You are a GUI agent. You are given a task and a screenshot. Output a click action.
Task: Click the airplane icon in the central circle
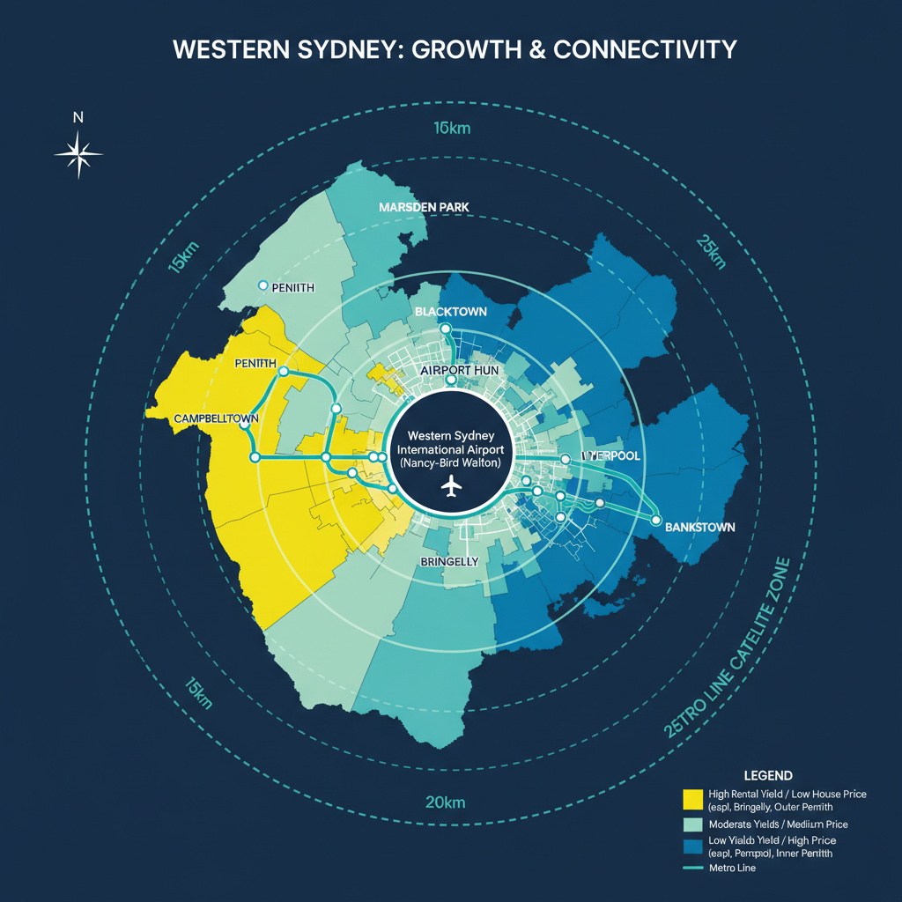click(451, 485)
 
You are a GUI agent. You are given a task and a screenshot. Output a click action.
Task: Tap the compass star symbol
click(78, 154)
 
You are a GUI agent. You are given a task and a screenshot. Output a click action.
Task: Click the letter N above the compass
click(78, 118)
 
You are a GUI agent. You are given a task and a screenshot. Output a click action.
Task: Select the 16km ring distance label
click(452, 128)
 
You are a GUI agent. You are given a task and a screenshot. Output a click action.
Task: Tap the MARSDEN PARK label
click(424, 207)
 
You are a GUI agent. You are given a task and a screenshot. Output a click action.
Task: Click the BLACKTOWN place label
click(450, 312)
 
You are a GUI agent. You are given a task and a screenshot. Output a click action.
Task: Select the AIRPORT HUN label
click(459, 371)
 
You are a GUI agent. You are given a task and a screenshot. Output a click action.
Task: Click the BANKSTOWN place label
click(699, 527)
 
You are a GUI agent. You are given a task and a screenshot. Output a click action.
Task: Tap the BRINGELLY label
click(449, 561)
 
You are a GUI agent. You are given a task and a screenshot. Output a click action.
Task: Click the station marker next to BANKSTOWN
click(655, 521)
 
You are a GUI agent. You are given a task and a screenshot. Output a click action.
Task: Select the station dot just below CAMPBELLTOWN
click(244, 425)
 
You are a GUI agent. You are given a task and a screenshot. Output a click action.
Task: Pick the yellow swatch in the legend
click(693, 799)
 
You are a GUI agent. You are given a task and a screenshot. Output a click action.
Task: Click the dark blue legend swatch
click(693, 847)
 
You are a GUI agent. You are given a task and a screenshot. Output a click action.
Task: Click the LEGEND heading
click(768, 775)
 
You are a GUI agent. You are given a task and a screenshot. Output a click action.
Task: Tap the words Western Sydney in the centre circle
click(450, 436)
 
